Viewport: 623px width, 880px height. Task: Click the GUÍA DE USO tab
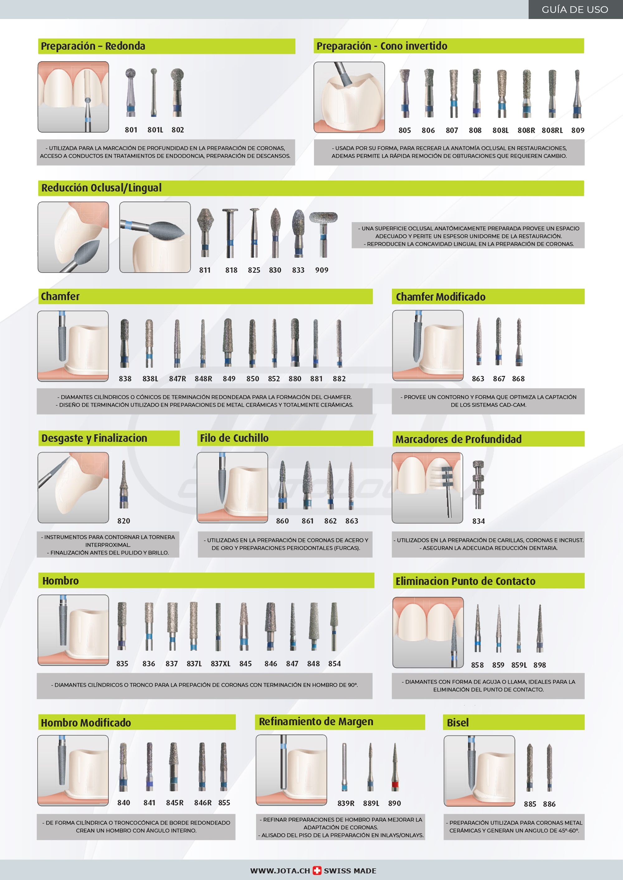tap(575, 9)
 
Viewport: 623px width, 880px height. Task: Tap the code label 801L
tap(155, 130)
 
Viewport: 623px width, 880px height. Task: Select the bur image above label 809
tap(577, 94)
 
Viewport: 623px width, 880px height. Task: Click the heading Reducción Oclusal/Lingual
tap(101, 188)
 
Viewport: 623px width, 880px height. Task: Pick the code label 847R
tap(177, 379)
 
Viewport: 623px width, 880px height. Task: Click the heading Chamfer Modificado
tap(440, 297)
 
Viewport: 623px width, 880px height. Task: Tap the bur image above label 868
tap(519, 341)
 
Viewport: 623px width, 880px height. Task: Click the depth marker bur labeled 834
tap(478, 484)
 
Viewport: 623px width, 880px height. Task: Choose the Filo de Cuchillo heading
tap(234, 438)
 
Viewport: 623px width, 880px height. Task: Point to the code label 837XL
tap(221, 663)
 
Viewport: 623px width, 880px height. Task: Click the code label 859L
tap(519, 665)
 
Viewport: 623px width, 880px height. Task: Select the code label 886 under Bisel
tap(549, 804)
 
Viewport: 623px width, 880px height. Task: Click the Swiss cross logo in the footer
tap(317, 870)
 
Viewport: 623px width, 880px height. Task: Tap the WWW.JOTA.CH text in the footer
tap(280, 871)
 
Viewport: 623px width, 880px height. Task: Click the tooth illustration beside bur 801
tap(73, 97)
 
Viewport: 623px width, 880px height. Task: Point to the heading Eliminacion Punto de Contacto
tap(465, 581)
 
